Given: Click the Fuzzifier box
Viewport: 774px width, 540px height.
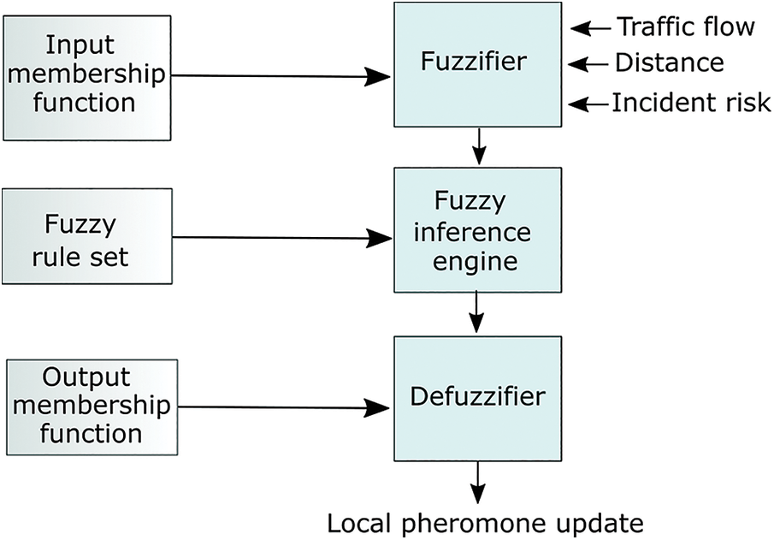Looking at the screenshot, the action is tap(477, 65).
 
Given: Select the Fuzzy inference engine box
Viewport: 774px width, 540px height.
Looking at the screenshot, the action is tap(477, 230).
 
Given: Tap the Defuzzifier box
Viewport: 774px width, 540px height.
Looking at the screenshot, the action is tap(477, 399).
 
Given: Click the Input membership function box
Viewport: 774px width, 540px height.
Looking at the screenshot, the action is tap(87, 78).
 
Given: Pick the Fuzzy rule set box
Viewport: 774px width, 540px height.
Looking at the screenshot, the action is tap(87, 236).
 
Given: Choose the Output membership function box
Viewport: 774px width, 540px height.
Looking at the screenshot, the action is tap(92, 407).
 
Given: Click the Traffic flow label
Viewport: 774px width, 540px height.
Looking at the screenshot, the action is tap(686, 27).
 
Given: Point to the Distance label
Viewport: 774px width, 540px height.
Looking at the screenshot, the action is tap(670, 62).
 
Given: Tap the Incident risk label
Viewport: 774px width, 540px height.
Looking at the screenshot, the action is tap(691, 103).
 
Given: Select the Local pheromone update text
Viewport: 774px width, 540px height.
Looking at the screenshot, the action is tap(486, 523).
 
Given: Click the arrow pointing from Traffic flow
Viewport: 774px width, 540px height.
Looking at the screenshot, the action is tap(590, 28).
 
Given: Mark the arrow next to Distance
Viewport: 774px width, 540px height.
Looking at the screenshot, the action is tap(588, 63).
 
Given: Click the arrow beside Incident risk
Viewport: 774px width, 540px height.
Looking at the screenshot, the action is tap(588, 104).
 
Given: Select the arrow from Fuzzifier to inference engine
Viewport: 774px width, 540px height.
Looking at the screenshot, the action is tap(479, 146).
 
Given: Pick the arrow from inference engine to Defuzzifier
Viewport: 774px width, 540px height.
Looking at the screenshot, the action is tap(476, 312).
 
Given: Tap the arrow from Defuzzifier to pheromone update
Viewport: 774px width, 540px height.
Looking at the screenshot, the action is tap(478, 483).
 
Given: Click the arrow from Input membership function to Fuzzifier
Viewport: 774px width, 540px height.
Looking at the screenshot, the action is tap(281, 76).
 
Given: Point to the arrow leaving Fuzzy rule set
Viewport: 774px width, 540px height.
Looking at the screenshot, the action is tap(283, 238).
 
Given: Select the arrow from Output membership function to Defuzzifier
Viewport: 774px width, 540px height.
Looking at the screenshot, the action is tap(284, 407).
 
